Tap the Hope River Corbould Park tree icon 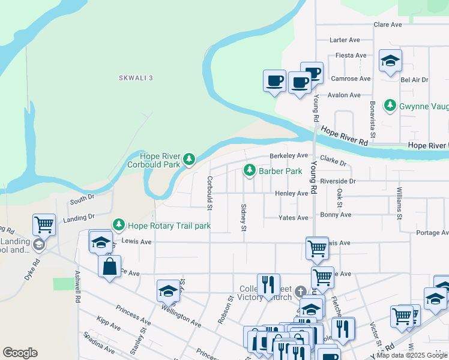click(x=189, y=159)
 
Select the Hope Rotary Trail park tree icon click(x=119, y=225)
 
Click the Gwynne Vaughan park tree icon click(x=390, y=106)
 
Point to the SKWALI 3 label click(x=136, y=78)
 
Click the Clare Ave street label click(x=387, y=25)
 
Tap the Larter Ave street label click(x=345, y=40)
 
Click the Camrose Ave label click(x=351, y=79)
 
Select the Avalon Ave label click(x=344, y=95)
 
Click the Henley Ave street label click(x=291, y=193)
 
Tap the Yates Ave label click(x=294, y=218)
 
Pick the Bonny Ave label click(x=336, y=214)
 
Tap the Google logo click(x=20, y=353)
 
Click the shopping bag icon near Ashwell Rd click(x=110, y=267)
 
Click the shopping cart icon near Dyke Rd click(x=44, y=225)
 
